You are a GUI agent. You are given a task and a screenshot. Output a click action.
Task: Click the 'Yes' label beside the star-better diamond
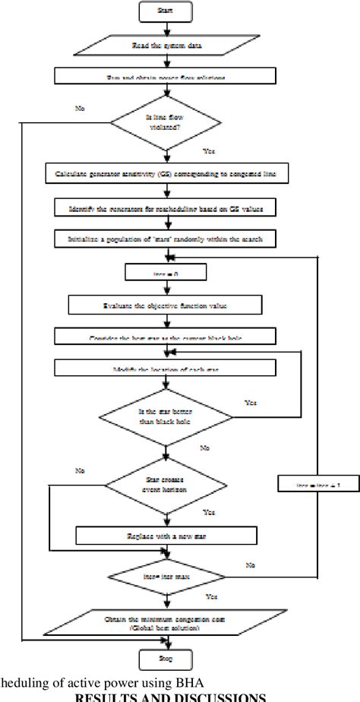pyautogui.click(x=251, y=402)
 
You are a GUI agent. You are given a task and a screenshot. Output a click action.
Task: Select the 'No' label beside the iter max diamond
pyautogui.click(x=251, y=566)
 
